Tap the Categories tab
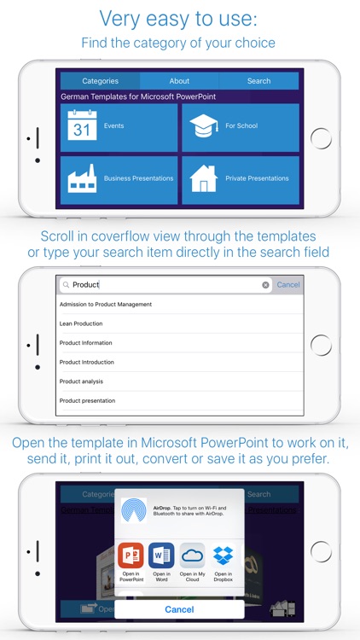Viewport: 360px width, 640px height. pos(100,81)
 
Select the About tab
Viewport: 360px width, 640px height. pos(179,81)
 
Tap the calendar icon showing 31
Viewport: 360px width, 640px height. pos(83,127)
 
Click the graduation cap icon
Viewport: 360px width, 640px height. pos(205,125)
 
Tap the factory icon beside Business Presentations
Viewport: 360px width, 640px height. pos(83,178)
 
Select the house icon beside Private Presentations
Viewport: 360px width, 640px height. pos(205,178)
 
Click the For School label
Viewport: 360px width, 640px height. pos(241,126)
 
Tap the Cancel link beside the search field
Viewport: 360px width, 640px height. pos(288,285)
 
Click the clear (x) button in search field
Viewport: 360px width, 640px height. pos(265,285)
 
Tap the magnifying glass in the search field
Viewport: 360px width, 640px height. pos(66,285)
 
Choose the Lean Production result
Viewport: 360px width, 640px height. pos(81,323)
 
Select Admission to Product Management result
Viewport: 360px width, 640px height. pos(106,305)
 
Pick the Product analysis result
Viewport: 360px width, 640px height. pos(81,381)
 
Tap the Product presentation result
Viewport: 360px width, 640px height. pos(87,400)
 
